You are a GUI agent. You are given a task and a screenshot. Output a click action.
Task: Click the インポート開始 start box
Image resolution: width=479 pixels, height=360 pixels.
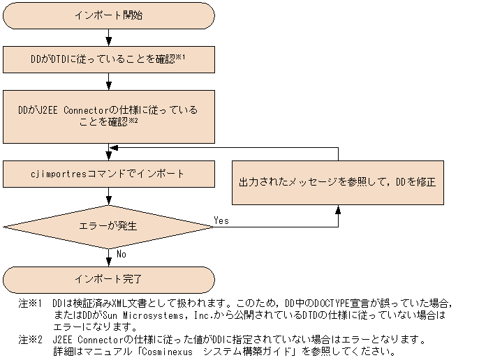coord(108,15)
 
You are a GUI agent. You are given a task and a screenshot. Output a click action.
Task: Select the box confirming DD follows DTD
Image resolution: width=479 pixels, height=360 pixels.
coord(108,59)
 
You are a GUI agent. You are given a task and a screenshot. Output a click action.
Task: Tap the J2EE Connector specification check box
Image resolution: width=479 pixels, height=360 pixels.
coord(108,115)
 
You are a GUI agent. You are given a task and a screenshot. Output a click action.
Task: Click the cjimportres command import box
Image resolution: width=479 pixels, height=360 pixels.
coord(108,172)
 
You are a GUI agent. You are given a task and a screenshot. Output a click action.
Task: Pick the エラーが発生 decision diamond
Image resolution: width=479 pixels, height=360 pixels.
coord(108,227)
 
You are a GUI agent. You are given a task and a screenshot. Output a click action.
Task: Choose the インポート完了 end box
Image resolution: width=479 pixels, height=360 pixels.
coord(108,280)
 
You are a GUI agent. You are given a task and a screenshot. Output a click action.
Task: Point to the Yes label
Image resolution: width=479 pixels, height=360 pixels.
coord(221,220)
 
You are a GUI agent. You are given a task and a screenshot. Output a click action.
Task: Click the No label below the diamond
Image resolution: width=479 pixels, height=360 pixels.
coord(121,255)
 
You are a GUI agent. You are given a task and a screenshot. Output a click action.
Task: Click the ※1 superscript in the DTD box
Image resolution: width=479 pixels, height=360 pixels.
coord(180,57)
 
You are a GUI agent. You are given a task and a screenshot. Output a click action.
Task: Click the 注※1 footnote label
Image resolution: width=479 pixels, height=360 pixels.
coord(30,304)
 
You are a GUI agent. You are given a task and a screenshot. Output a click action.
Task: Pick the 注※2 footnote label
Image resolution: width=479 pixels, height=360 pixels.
coord(30,340)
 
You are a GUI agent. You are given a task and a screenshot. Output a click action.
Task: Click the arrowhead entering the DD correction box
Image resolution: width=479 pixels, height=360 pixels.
coord(338,209)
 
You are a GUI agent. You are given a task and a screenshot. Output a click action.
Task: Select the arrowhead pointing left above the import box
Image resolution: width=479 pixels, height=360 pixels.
coord(112,148)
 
